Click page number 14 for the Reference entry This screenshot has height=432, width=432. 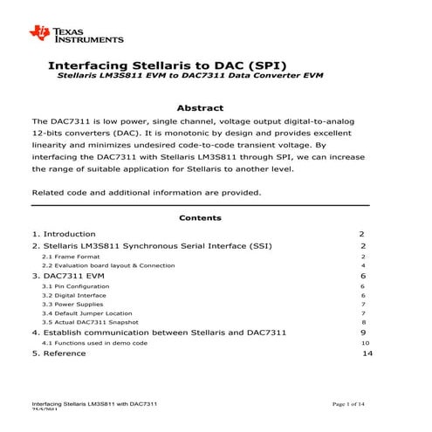click(367, 354)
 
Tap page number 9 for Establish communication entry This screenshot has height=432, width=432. click(363, 333)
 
